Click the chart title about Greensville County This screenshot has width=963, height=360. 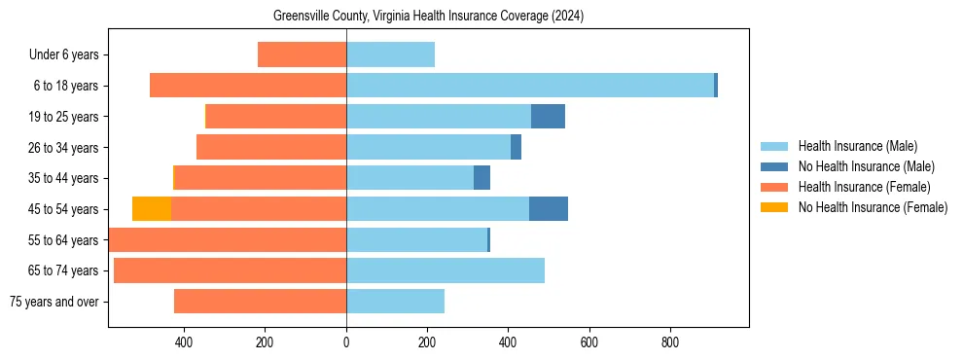(x=429, y=16)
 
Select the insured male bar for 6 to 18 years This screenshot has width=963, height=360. (x=530, y=86)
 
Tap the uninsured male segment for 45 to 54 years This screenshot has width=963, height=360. (x=549, y=209)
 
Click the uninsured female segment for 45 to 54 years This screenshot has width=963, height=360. (x=152, y=209)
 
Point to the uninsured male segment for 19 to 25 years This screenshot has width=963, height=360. (x=548, y=117)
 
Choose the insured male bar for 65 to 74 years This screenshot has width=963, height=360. (x=446, y=270)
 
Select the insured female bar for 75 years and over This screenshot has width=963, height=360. (x=260, y=302)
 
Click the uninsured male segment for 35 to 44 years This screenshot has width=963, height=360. (x=481, y=178)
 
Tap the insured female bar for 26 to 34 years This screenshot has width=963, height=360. (x=271, y=147)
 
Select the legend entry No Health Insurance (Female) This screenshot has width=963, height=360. (x=873, y=207)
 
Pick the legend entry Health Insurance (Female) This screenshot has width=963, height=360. (x=864, y=187)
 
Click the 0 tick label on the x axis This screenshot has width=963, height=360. (x=346, y=343)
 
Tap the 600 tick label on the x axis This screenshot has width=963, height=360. (x=588, y=343)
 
